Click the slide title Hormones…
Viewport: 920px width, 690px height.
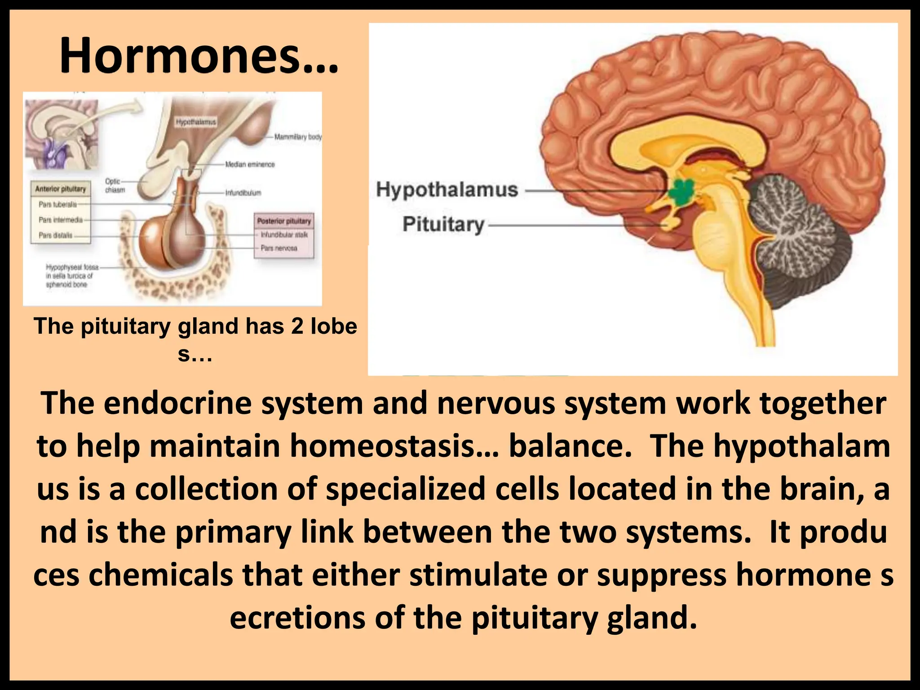tap(199, 56)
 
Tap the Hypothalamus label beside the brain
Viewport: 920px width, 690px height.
tap(447, 190)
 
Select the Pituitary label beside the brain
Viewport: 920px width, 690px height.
tap(443, 224)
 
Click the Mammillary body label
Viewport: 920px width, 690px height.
tap(298, 137)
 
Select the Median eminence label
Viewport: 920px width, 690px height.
tap(250, 164)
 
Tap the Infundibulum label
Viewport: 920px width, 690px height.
tap(243, 193)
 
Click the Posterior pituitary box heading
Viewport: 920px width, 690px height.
tap(284, 221)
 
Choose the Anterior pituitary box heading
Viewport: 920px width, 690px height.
tap(60, 189)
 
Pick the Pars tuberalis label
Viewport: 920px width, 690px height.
tap(57, 204)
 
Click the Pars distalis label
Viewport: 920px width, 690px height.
tap(55, 235)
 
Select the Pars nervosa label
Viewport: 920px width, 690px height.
tap(279, 248)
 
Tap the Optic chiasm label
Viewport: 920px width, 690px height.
tap(114, 186)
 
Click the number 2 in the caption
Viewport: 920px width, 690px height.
tap(297, 326)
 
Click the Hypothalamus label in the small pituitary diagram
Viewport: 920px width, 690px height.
tap(196, 122)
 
